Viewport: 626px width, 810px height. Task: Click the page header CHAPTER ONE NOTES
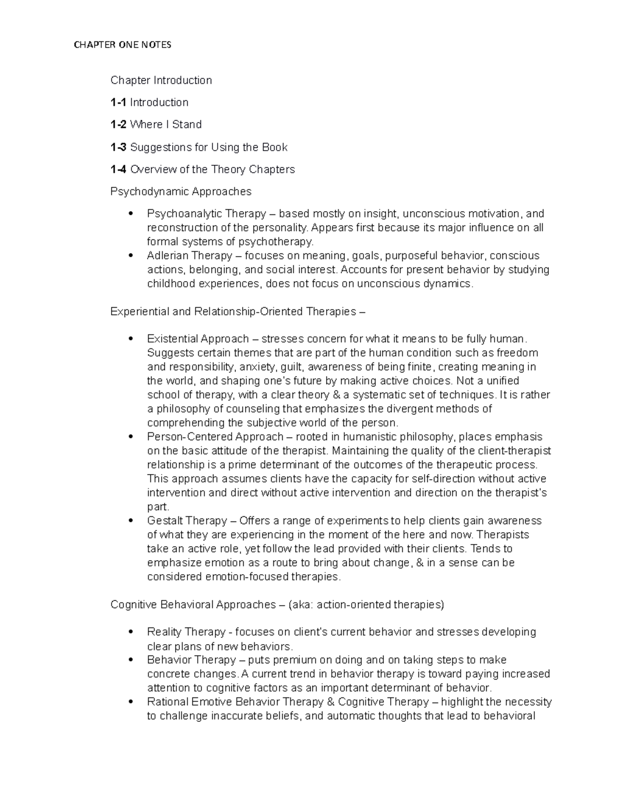click(x=123, y=45)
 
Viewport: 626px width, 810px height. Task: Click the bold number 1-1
click(x=118, y=102)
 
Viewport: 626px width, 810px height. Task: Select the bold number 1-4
click(x=118, y=170)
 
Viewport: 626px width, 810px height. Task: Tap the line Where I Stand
click(x=165, y=125)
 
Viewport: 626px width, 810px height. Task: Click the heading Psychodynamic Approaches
click(x=180, y=191)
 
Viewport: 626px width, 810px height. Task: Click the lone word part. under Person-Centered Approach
click(x=158, y=507)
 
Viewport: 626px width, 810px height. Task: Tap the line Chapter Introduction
click(x=161, y=80)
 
